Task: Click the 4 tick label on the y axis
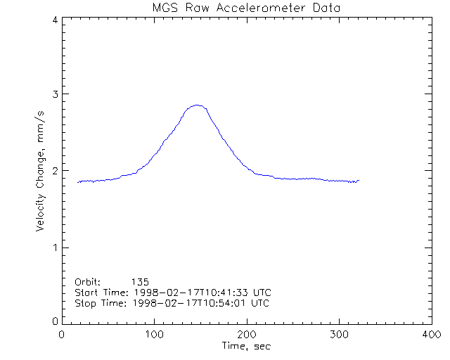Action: [x=54, y=20]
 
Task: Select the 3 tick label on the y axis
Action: [x=54, y=94]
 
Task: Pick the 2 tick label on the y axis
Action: [x=54, y=171]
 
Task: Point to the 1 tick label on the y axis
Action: [x=54, y=247]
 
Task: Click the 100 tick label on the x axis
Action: [x=155, y=334]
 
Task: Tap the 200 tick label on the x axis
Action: [x=247, y=334]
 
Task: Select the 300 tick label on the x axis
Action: [x=339, y=334]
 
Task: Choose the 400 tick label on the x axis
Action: [x=431, y=334]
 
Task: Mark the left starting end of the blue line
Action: [x=78, y=182]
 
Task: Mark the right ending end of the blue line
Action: [x=359, y=181]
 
